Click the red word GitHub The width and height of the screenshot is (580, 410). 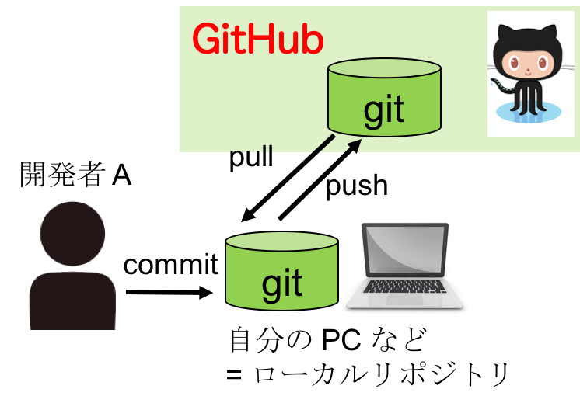tap(257, 40)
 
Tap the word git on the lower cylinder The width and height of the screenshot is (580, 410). tap(281, 283)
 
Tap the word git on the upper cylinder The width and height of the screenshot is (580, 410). tap(384, 110)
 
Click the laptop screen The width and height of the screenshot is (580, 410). tap(405, 250)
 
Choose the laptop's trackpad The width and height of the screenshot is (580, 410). tap(404, 299)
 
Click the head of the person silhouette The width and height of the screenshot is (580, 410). tap(72, 232)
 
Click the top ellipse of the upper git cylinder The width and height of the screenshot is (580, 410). tap(384, 68)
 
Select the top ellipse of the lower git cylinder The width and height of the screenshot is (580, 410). tap(281, 241)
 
